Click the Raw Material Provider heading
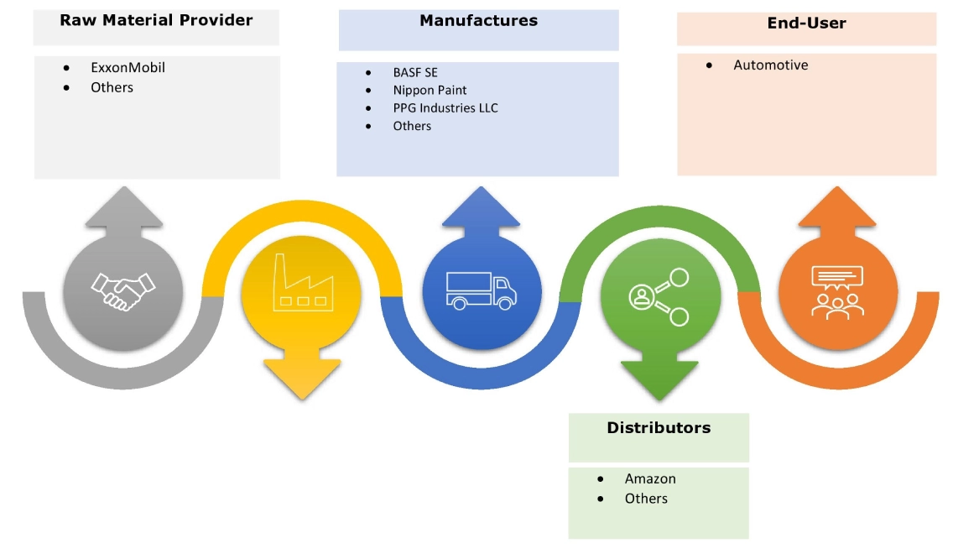pyautogui.click(x=156, y=20)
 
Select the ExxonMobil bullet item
pyautogui.click(x=128, y=67)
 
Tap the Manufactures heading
pyautogui.click(x=478, y=20)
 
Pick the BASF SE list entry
pyautogui.click(x=414, y=72)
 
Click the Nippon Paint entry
pyautogui.click(x=430, y=90)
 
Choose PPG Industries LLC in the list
pyautogui.click(x=445, y=107)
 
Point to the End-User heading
pyautogui.click(x=806, y=24)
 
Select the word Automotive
pyautogui.click(x=770, y=65)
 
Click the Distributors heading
pyautogui.click(x=659, y=427)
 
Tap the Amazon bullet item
pyautogui.click(x=649, y=478)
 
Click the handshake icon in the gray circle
pyautogui.click(x=122, y=291)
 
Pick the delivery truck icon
pyautogui.click(x=482, y=290)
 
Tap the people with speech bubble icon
pyautogui.click(x=836, y=291)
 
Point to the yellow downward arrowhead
pyautogui.click(x=301, y=377)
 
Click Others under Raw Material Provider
pyautogui.click(x=112, y=86)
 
